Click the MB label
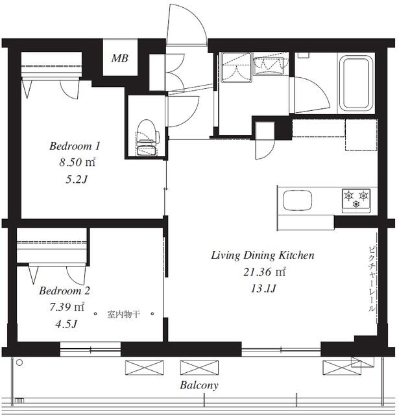120,58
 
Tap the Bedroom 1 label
75,146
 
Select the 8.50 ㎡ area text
77,162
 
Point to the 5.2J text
77,180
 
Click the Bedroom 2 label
65,290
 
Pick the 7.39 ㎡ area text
67,307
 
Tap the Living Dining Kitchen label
263,255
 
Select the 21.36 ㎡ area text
265,272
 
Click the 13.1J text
263,288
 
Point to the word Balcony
199,385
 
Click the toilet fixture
147,137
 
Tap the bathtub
356,83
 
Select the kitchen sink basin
297,200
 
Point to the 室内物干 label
123,314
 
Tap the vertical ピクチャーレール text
372,279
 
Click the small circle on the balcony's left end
19,362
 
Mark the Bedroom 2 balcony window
90,350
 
